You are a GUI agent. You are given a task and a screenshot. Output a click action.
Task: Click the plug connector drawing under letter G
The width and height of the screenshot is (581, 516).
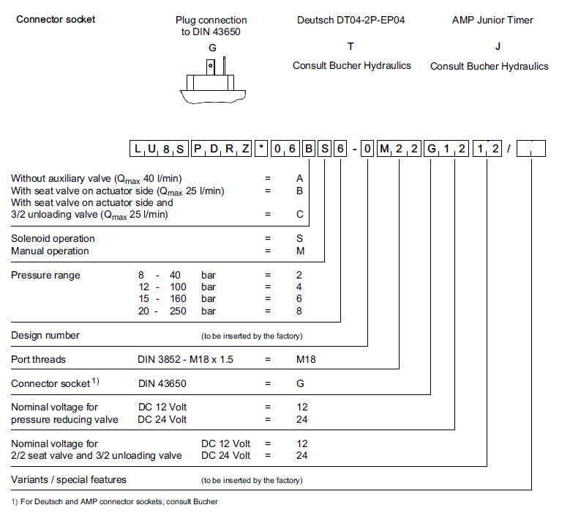[211, 81]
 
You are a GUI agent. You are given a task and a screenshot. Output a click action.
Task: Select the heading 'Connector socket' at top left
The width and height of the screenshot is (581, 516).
[56, 19]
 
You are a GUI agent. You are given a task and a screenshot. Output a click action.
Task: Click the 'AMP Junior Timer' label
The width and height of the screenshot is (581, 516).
[492, 20]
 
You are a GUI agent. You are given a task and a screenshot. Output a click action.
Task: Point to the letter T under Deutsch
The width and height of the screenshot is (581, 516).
[351, 46]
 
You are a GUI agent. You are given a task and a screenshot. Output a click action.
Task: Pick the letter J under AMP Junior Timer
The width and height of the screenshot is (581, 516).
[498, 46]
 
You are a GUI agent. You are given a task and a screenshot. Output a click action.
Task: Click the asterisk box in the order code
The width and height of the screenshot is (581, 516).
[261, 150]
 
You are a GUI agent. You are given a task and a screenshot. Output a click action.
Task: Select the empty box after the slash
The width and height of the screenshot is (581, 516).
[531, 150]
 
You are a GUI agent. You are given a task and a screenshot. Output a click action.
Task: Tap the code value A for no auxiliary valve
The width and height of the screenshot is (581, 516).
[299, 178]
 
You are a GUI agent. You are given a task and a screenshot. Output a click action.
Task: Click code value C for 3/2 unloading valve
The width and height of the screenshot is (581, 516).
[299, 215]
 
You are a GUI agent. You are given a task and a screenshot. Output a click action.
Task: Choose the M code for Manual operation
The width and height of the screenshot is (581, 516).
[299, 251]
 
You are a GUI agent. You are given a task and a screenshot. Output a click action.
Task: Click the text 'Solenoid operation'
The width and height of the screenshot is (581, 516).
[53, 238]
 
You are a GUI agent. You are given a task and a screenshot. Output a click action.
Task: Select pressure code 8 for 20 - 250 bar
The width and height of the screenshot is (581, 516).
[299, 311]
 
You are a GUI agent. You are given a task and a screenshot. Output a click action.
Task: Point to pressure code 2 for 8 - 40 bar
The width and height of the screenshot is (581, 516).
[299, 275]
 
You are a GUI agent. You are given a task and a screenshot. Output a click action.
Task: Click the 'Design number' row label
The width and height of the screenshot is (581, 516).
[45, 335]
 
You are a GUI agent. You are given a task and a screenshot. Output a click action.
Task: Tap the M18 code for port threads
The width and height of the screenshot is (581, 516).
[306, 359]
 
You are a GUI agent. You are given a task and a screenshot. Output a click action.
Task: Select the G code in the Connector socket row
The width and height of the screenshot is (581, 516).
[299, 383]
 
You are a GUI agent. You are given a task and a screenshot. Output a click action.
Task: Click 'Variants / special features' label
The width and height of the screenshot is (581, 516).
[69, 479]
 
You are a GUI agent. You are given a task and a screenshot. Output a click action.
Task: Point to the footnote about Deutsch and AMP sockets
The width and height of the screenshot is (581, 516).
[114, 502]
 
